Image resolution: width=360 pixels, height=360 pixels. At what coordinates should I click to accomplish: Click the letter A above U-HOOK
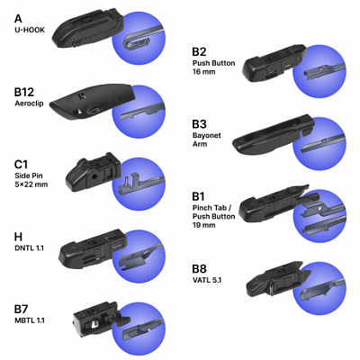[18, 19]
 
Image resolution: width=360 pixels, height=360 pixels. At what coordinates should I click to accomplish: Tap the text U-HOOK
[30, 30]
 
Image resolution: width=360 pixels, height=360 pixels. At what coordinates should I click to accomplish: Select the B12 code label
[24, 92]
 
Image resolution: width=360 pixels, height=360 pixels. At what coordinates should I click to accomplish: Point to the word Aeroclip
[29, 103]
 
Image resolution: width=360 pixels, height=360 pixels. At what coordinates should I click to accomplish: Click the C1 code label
[21, 165]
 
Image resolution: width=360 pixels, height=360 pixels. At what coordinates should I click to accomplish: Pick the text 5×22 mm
[31, 184]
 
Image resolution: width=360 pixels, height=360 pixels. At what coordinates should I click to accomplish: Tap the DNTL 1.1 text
[30, 248]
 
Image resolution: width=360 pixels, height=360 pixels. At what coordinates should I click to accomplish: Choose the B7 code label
[22, 310]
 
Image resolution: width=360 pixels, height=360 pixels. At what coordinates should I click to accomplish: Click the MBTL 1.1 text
[30, 320]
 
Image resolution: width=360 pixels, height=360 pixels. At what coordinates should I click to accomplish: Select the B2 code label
[200, 51]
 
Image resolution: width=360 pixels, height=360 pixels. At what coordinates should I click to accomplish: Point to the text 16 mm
[204, 72]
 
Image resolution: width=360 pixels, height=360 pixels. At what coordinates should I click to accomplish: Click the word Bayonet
[207, 136]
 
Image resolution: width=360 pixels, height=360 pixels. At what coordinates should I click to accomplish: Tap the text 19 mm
[204, 225]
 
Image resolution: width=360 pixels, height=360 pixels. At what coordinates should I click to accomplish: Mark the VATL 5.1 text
[207, 281]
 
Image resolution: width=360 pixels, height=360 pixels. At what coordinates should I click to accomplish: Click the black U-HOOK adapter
[87, 28]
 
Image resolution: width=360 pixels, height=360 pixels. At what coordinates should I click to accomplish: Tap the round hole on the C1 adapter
[94, 176]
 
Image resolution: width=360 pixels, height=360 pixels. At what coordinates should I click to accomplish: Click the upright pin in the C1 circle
[127, 182]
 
